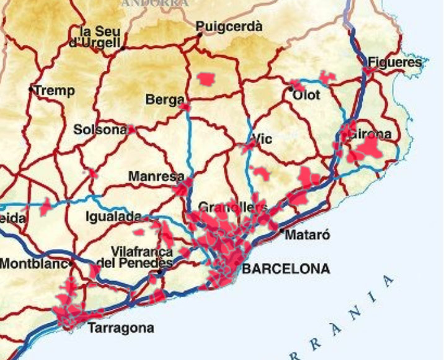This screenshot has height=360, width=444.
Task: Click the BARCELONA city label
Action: (285, 269)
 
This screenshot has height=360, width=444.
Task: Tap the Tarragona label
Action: (121, 328)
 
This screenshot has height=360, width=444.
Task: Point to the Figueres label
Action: (394, 62)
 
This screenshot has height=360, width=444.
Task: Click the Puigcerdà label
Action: (229, 27)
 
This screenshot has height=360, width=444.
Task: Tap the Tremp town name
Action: (54, 91)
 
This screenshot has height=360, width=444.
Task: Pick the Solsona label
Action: (100, 130)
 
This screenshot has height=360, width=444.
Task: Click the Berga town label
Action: (164, 99)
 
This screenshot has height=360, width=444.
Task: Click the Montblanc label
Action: (33, 263)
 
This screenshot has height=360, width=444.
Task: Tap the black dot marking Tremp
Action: (31, 89)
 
